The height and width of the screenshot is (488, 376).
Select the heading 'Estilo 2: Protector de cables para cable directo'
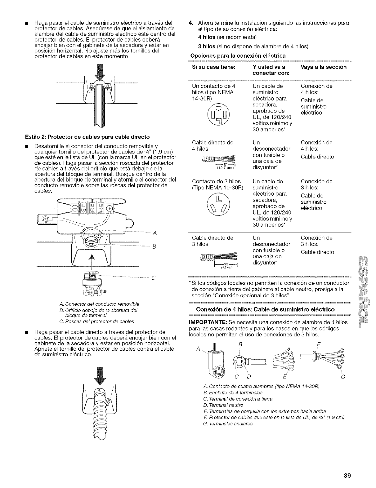84,136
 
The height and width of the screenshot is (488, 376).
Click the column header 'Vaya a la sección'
324,67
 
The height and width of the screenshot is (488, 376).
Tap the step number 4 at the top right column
191,23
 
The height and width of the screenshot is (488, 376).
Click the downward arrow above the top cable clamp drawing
99,73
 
